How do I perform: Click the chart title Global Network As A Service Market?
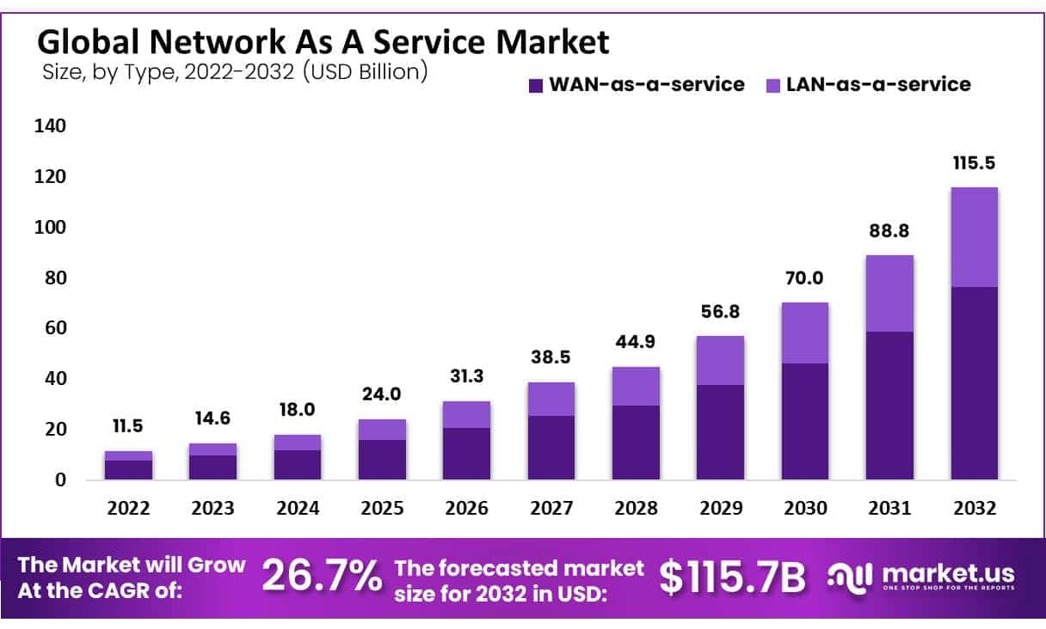[x=323, y=41]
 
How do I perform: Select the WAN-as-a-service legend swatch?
[x=536, y=85]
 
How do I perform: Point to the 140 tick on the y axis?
[x=50, y=126]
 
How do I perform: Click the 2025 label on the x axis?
[x=382, y=509]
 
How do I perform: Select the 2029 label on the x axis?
[x=720, y=509]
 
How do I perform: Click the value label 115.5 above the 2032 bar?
[x=974, y=163]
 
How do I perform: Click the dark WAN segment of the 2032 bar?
[x=974, y=382]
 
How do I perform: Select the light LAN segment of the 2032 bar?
[x=974, y=237]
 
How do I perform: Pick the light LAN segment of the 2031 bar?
[x=889, y=293]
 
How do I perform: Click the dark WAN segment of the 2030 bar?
[x=804, y=421]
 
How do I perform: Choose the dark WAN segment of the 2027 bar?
[x=551, y=447]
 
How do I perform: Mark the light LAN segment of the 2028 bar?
[x=636, y=386]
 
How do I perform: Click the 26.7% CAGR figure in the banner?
[x=322, y=577]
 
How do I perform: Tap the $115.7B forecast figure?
[x=733, y=577]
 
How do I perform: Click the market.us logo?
[x=920, y=576]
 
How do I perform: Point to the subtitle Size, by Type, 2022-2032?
[x=235, y=71]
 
